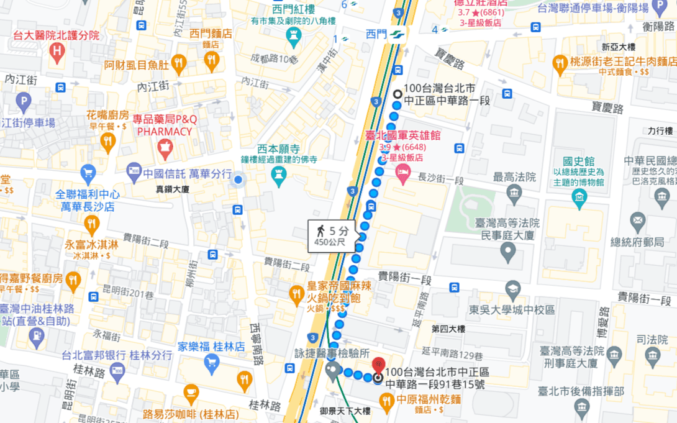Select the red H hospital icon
58,53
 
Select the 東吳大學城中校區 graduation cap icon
512,289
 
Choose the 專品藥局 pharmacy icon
165,148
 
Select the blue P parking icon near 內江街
23,101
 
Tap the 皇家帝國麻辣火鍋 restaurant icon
297,293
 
